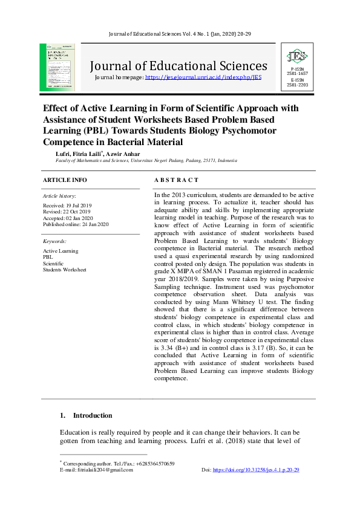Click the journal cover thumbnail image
click(x=57, y=67)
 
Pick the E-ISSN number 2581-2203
click(x=297, y=85)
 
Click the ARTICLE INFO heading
click(x=65, y=180)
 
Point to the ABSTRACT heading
click(x=176, y=180)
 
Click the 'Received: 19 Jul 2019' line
click(x=67, y=206)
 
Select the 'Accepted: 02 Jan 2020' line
click(x=67, y=218)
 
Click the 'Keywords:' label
click(x=54, y=241)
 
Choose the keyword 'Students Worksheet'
click(x=64, y=270)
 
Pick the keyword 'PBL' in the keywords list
click(x=48, y=257)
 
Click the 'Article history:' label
click(x=59, y=196)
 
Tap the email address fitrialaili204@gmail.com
click(x=100, y=470)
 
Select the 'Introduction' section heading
click(x=93, y=416)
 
